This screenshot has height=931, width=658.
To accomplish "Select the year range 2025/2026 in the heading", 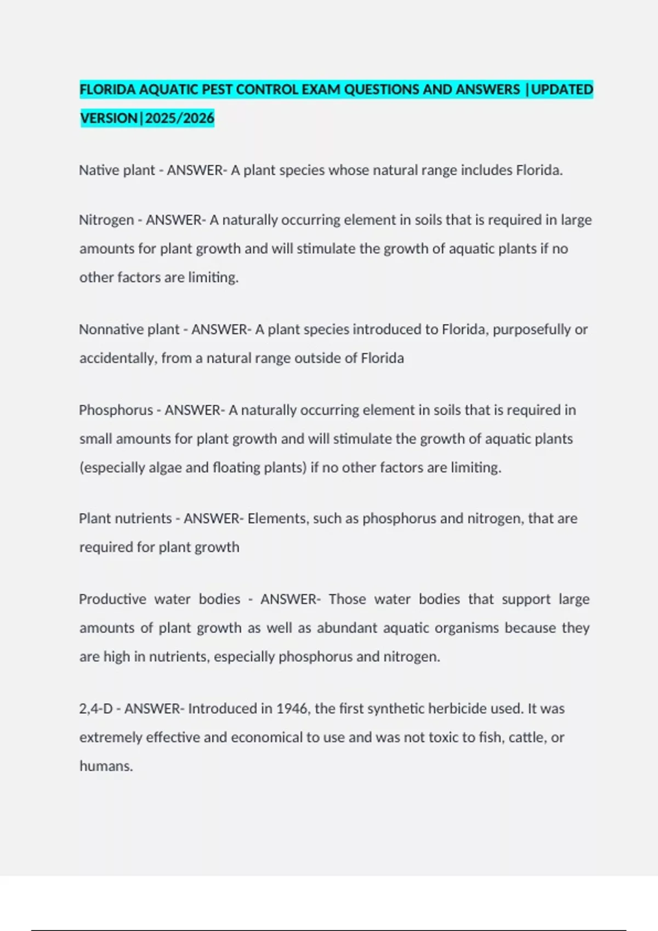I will click(179, 118).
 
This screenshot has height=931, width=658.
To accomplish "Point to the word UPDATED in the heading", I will click(562, 89).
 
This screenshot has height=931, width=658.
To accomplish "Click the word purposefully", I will click(531, 330).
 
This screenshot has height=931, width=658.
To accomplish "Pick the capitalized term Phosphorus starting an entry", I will click(116, 410).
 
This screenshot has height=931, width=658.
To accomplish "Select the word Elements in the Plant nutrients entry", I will click(276, 519).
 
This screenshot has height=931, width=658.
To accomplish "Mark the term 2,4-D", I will click(96, 709).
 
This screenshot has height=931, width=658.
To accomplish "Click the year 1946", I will click(291, 709).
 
